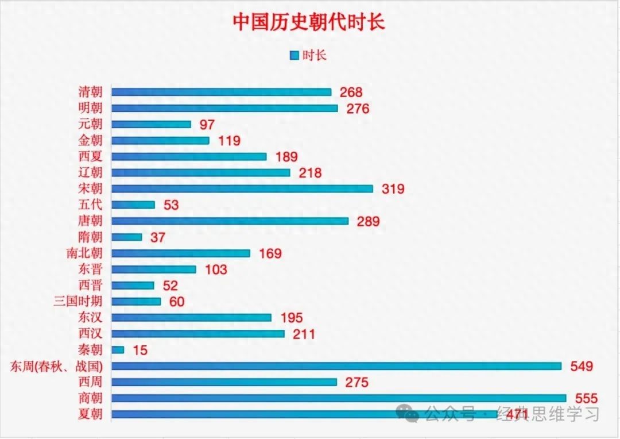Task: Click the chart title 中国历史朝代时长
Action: click(x=309, y=22)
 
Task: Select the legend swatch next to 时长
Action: click(x=294, y=56)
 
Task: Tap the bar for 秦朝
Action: click(x=118, y=349)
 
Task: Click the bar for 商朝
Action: click(x=339, y=398)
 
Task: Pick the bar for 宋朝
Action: click(x=242, y=188)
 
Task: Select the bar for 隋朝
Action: click(x=127, y=237)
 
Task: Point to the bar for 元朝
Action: click(x=151, y=124)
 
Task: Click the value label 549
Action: click(x=581, y=366)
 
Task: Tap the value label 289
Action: click(x=368, y=221)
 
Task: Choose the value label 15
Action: click(x=139, y=350)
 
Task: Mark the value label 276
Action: click(x=358, y=109)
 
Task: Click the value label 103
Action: click(x=216, y=269)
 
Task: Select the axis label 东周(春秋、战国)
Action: click(x=56, y=366)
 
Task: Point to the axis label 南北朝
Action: click(x=84, y=253)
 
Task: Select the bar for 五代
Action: click(x=133, y=205)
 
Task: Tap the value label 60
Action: click(x=177, y=302)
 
